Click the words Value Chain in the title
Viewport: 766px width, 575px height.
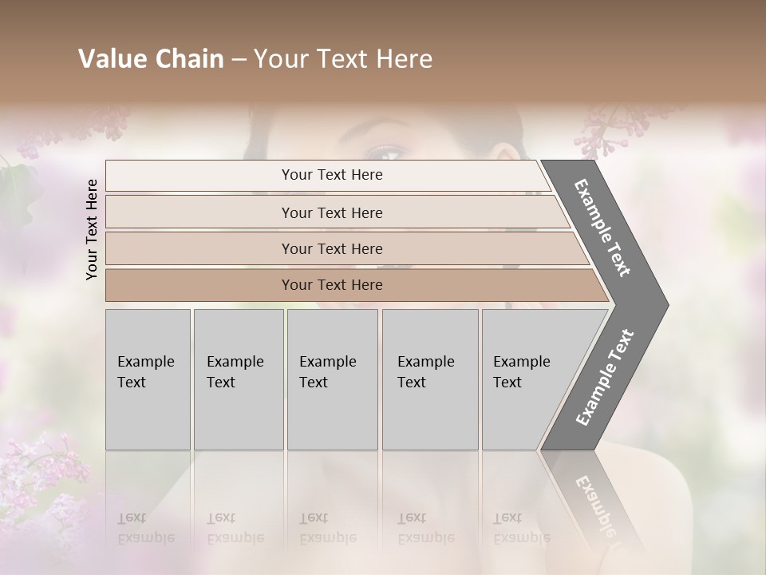[x=151, y=59]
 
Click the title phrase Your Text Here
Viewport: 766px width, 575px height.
[x=343, y=59]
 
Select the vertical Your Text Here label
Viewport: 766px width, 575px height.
[x=92, y=229]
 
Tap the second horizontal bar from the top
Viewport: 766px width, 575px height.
[x=331, y=212]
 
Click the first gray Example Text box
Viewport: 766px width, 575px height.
[x=148, y=379]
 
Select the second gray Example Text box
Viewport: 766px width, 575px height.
[x=238, y=379]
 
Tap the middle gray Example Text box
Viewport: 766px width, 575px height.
[x=332, y=379]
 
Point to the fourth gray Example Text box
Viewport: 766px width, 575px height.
[x=429, y=379]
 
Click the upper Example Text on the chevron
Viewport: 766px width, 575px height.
[x=602, y=228]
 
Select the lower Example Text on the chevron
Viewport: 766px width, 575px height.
[x=605, y=377]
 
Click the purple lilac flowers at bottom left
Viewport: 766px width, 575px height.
[x=48, y=479]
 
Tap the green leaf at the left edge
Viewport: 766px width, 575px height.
[x=16, y=184]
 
